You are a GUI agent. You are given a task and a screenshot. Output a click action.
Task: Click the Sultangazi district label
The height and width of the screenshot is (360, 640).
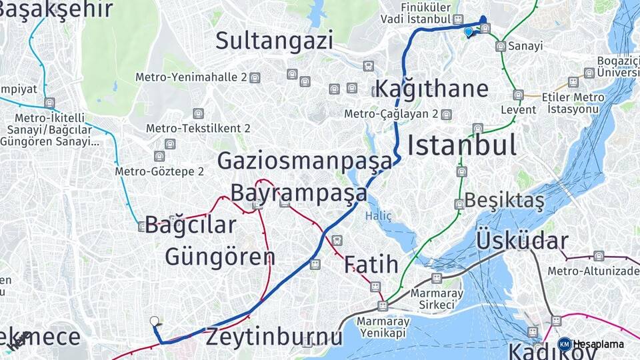click(274, 41)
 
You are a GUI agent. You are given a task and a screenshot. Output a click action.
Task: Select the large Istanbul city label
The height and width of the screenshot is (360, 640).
click(461, 145)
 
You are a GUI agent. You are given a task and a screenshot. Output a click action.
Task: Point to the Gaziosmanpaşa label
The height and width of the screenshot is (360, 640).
click(305, 161)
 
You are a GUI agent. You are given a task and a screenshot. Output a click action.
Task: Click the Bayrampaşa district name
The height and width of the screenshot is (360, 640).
click(299, 193)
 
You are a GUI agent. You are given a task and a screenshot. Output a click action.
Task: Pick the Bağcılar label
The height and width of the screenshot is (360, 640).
click(191, 225)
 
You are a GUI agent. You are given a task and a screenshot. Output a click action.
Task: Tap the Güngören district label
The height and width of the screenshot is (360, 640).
click(220, 257)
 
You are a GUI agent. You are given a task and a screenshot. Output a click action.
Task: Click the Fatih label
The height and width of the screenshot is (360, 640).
click(371, 265)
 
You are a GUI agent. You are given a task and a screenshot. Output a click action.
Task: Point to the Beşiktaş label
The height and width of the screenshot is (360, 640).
click(504, 200)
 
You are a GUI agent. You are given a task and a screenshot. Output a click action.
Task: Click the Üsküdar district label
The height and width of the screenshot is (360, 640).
click(521, 241)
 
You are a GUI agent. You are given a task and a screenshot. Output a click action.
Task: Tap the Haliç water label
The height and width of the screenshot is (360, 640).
click(378, 216)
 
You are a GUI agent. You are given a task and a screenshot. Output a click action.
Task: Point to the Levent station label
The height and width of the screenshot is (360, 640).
click(518, 109)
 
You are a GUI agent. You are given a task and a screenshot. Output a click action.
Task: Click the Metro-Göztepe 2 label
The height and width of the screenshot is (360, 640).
click(159, 171)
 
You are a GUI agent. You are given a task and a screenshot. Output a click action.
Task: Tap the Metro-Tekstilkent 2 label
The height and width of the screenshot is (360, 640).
click(198, 128)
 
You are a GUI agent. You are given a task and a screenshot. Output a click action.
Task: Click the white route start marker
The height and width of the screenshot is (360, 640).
click(155, 321)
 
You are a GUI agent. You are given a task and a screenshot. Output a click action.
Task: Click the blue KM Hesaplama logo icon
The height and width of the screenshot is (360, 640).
click(564, 344)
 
